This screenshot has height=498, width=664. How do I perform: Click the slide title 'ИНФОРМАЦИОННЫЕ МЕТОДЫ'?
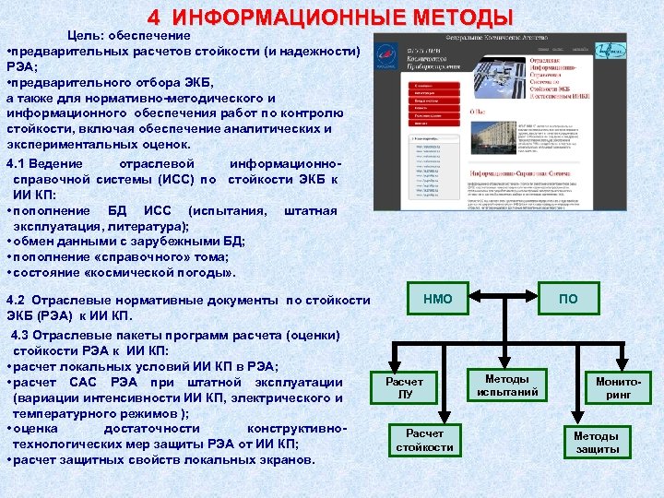coord(342,18)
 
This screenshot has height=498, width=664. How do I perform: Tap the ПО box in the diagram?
coord(568,298)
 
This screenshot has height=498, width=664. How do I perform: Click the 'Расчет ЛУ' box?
coord(404,388)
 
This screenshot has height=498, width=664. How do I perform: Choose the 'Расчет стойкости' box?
coord(424,440)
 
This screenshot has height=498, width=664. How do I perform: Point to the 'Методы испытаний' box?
coord(506,385)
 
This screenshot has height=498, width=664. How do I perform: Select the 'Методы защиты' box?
coord(597,442)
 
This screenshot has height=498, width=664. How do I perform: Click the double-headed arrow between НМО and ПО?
coord(504,298)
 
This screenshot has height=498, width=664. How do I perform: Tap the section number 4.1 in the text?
coord(19,163)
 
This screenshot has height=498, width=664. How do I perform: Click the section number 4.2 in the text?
coord(19,300)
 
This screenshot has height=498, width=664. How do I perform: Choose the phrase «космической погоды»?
coord(169,273)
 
